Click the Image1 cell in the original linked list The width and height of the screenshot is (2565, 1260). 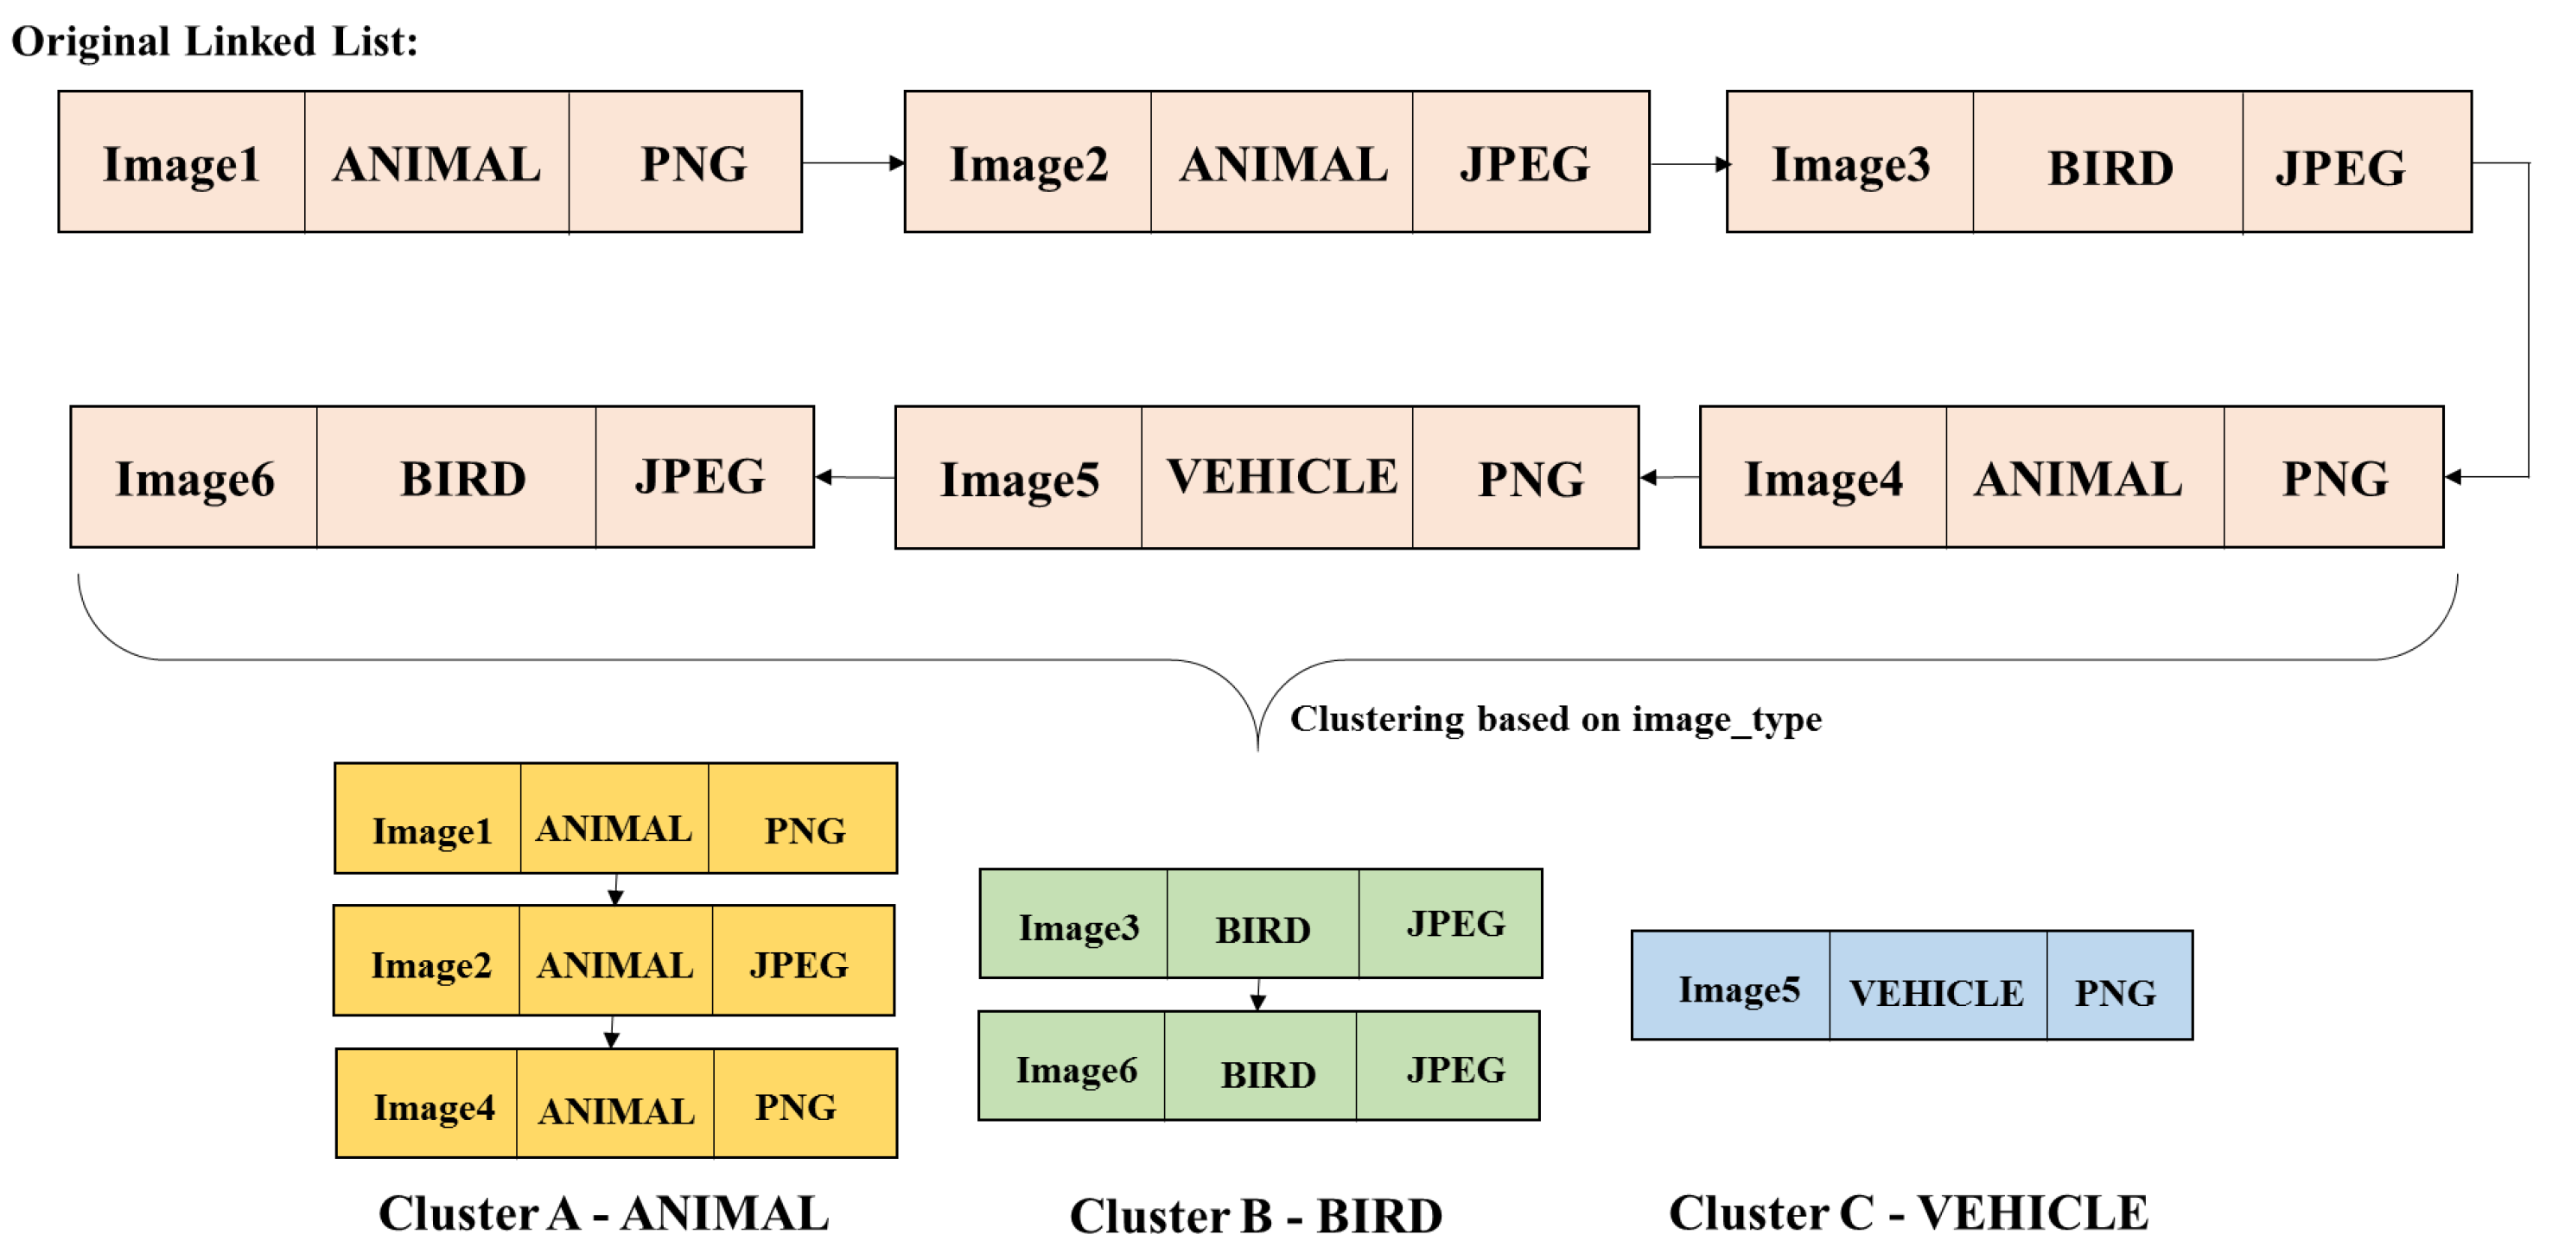pyautogui.click(x=181, y=162)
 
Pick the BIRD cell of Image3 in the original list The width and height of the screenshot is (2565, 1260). pyautogui.click(x=2108, y=164)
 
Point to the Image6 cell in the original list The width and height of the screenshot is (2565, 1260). pyautogui.click(x=194, y=478)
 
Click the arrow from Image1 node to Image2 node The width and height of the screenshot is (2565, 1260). pyautogui.click(x=853, y=162)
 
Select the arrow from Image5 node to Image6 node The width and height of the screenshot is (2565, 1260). pyautogui.click(x=855, y=477)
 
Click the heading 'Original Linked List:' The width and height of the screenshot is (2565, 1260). pyautogui.click(x=214, y=41)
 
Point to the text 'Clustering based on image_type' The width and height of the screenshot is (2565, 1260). pyautogui.click(x=1556, y=718)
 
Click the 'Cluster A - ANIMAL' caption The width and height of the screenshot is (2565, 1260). pyautogui.click(x=603, y=1213)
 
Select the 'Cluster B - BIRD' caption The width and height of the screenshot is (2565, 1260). pyautogui.click(x=1256, y=1216)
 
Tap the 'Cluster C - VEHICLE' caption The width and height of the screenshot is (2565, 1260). pyautogui.click(x=1908, y=1213)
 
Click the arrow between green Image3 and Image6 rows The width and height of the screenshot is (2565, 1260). pyautogui.click(x=1258, y=994)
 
